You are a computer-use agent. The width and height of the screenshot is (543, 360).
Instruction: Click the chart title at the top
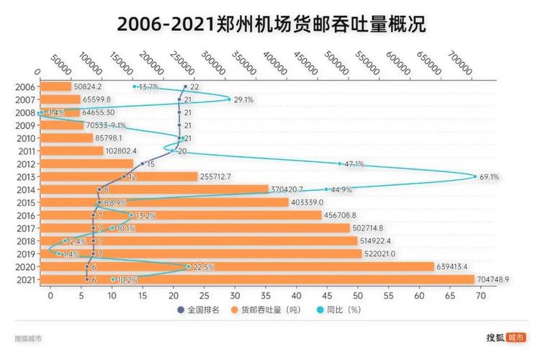click(271, 23)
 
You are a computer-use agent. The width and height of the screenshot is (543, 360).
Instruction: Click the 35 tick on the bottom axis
click(265, 295)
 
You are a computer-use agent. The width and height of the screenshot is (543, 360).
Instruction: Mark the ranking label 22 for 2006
click(194, 87)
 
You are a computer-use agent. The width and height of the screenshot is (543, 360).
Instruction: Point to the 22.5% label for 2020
click(202, 266)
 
